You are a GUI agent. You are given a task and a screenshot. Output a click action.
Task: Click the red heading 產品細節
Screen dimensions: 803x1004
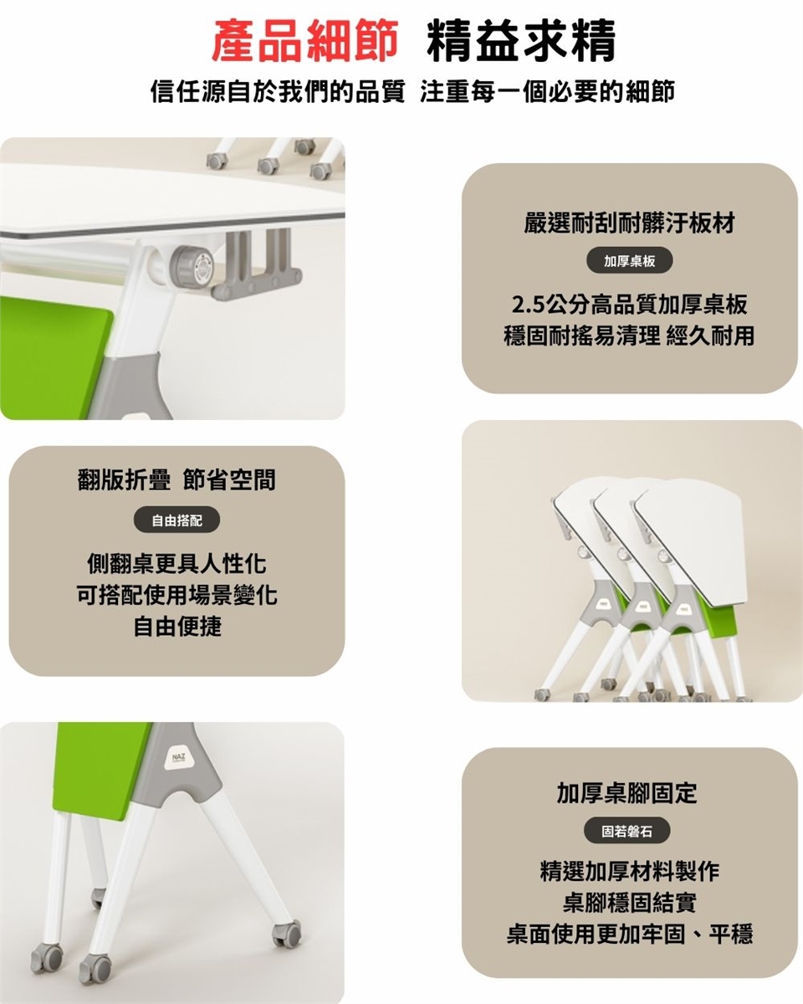click(304, 41)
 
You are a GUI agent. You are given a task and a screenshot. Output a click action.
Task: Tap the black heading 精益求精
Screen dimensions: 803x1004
click(522, 41)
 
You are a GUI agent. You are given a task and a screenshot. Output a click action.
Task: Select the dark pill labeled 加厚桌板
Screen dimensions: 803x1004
click(629, 261)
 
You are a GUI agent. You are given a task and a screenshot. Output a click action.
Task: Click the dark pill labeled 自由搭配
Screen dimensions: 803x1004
click(176, 520)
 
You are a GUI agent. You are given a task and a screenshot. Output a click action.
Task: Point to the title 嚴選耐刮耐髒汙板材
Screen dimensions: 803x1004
click(629, 223)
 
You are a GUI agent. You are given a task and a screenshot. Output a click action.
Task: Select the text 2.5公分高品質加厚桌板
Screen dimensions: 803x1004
click(629, 305)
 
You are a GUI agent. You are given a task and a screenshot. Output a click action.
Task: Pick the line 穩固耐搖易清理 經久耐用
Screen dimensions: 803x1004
click(629, 336)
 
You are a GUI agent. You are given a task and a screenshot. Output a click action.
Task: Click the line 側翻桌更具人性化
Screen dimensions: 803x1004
click(176, 564)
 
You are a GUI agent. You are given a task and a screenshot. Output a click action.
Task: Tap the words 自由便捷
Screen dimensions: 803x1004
click(176, 626)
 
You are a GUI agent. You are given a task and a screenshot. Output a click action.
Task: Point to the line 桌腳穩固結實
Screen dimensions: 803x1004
click(629, 902)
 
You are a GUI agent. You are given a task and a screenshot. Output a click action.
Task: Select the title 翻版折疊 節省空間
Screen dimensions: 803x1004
click(176, 480)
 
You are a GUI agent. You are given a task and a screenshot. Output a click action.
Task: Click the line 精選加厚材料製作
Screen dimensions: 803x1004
click(629, 871)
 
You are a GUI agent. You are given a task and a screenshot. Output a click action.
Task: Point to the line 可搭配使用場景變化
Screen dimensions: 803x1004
click(176, 595)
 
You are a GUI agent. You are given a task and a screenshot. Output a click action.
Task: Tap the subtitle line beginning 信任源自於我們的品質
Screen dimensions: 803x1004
click(412, 91)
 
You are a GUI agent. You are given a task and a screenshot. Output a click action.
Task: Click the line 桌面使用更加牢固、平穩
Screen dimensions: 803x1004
click(629, 934)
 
